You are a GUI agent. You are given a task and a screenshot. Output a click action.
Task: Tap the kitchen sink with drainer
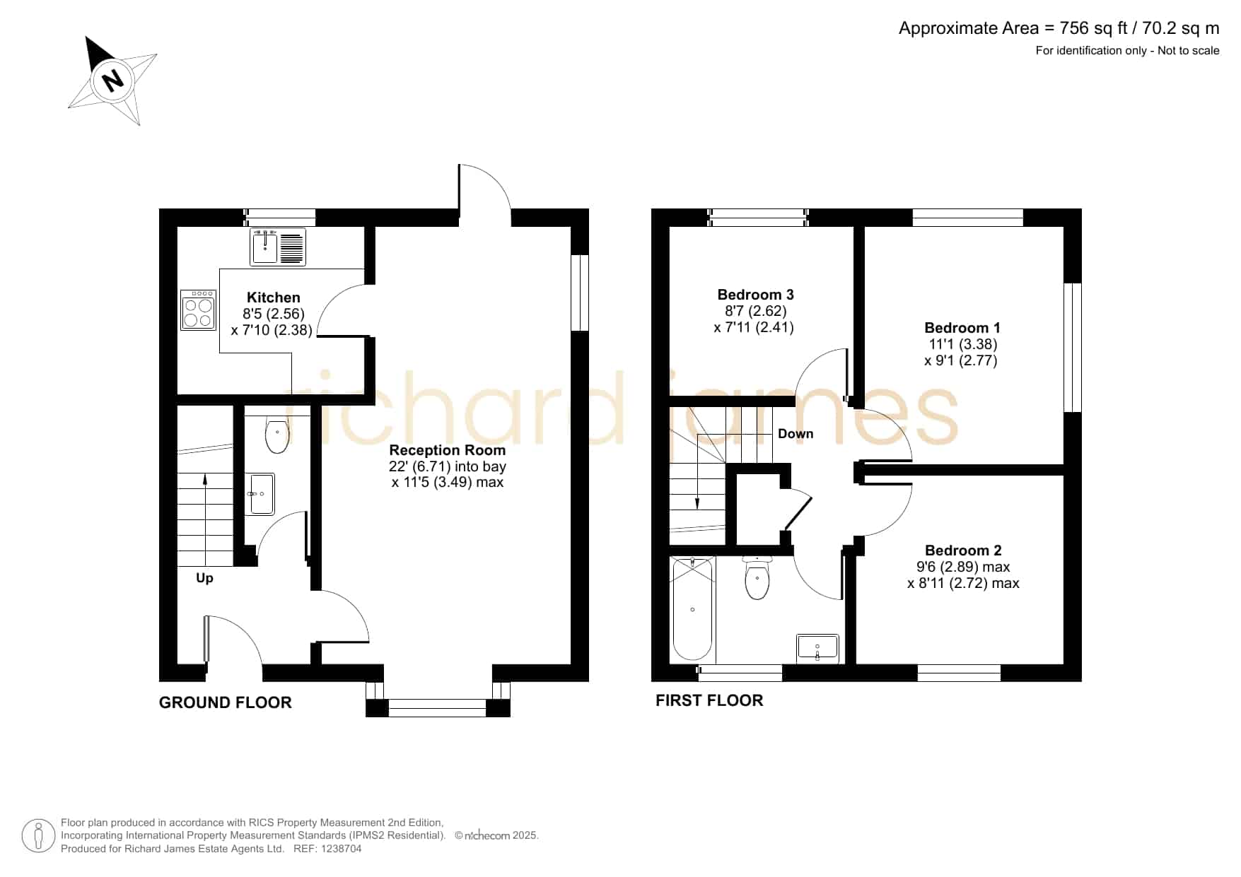click(x=278, y=247)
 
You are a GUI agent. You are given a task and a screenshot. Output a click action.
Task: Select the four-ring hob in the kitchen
click(x=198, y=310)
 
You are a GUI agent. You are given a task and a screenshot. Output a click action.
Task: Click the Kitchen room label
click(x=274, y=298)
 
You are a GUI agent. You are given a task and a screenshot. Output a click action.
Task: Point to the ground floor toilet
click(x=277, y=433)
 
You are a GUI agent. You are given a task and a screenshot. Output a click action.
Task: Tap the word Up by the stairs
click(x=204, y=578)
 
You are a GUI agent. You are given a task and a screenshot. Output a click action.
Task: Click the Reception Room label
click(x=448, y=450)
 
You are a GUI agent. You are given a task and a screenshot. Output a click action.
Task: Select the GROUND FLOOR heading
click(x=225, y=702)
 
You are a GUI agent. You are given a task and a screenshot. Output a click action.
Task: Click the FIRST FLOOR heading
click(x=709, y=700)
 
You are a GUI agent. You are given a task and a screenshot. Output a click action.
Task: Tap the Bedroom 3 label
click(x=755, y=295)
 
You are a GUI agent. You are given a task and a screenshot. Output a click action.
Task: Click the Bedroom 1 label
click(x=962, y=328)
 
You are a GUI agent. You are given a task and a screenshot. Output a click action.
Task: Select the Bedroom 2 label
click(x=963, y=551)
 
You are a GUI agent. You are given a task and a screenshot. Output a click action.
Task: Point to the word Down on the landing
click(x=796, y=434)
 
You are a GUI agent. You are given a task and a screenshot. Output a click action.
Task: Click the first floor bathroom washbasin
click(x=817, y=647)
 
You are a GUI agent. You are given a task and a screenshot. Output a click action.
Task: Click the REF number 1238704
click(x=342, y=849)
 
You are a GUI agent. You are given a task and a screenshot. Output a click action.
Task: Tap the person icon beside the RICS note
click(x=38, y=836)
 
